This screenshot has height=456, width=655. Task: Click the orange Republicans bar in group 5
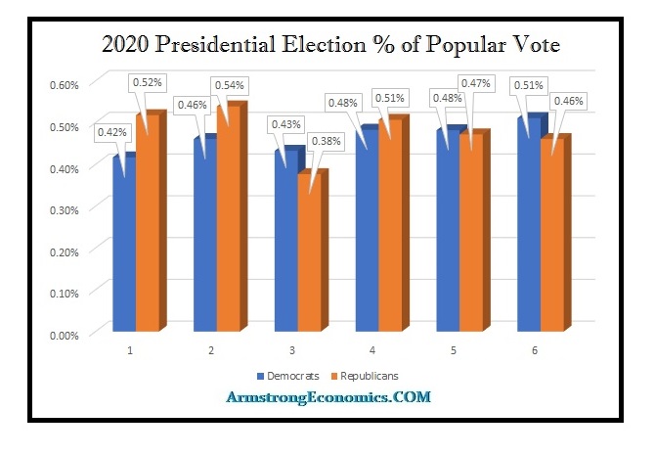(471, 240)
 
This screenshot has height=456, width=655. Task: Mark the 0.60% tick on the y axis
(65, 83)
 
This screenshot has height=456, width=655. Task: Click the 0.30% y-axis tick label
(65, 209)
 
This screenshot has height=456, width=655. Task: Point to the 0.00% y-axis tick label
(65, 335)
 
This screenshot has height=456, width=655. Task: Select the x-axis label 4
(375, 349)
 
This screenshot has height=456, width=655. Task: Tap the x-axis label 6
(537, 349)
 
